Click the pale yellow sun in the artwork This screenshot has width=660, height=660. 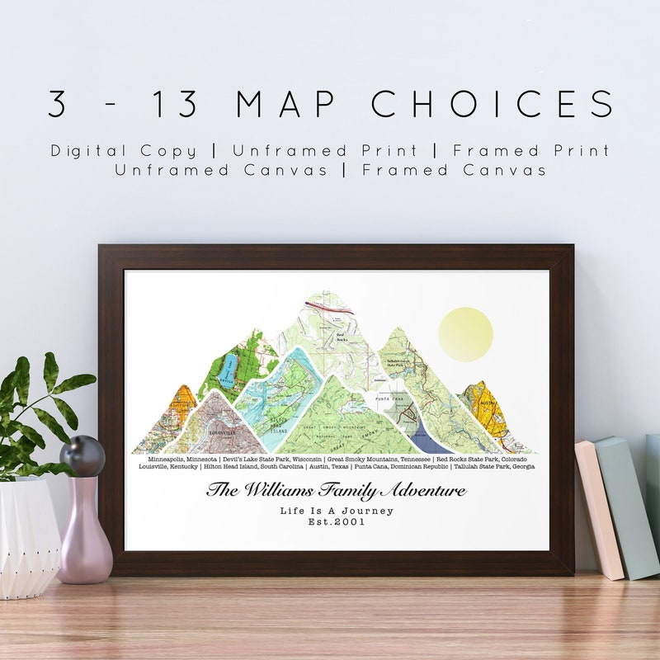pos(465,334)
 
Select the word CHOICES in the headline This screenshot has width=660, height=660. pos(493,104)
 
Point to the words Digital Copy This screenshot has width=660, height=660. pos(124,151)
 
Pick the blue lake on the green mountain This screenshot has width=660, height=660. pos(229,368)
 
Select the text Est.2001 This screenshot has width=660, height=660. pos(337,521)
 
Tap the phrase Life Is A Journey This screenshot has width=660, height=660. pos(337,511)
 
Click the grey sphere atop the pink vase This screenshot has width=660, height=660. pos(82,455)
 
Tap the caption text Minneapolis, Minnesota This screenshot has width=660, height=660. pos(182,458)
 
